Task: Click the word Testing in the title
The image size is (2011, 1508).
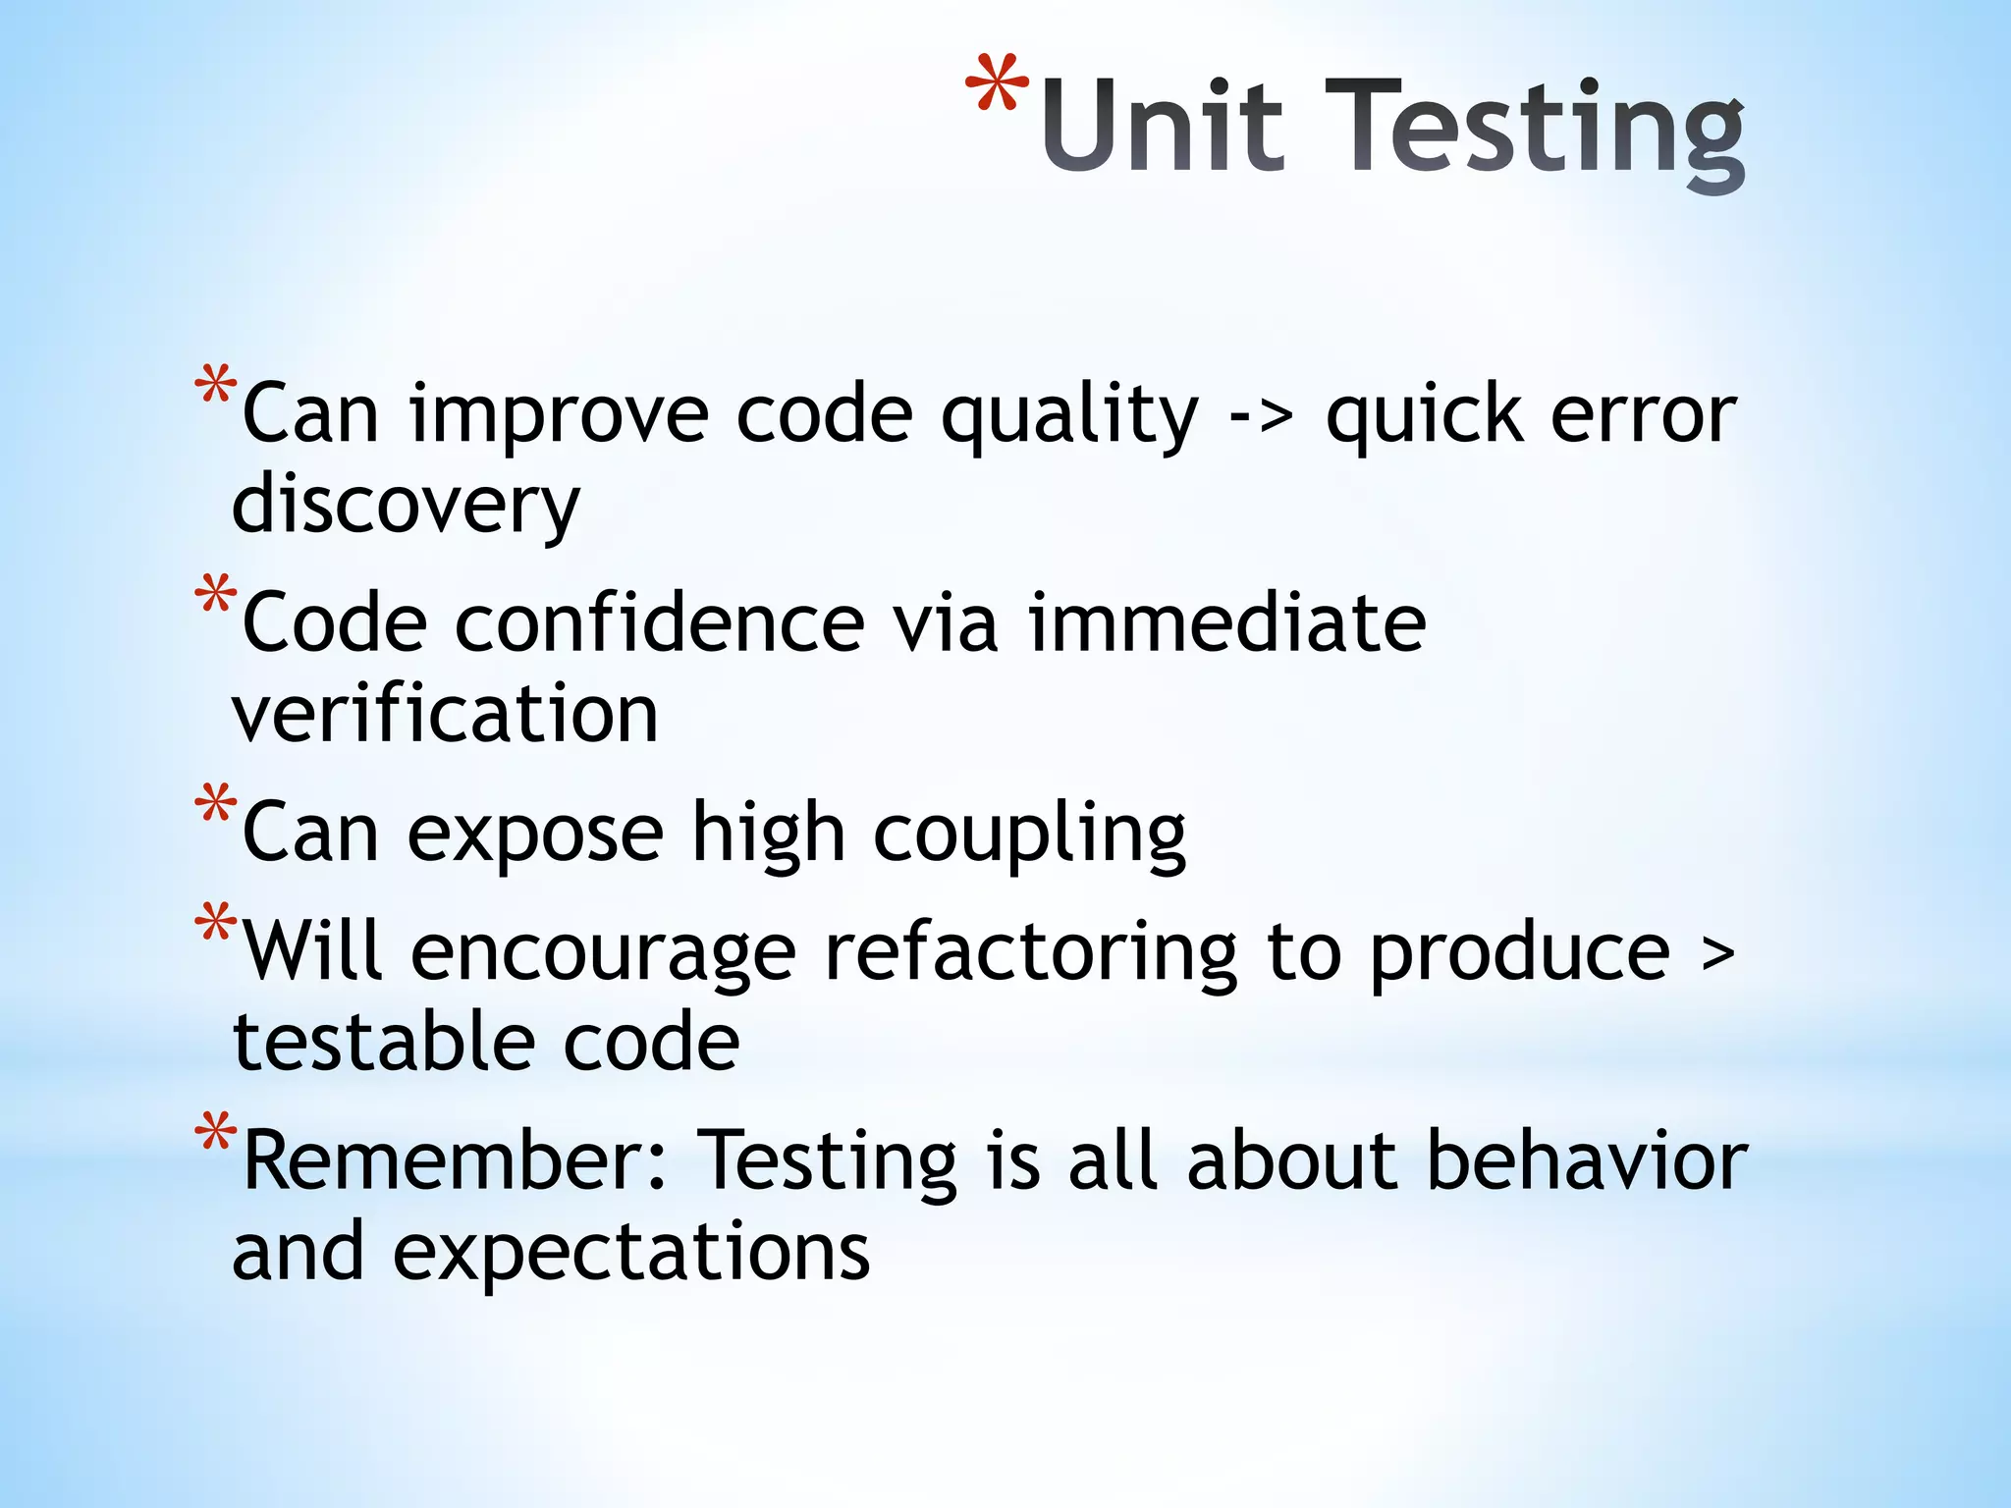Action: [x=1534, y=133]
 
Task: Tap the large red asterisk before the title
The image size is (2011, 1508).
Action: [x=997, y=85]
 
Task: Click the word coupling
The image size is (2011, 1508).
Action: [x=1029, y=835]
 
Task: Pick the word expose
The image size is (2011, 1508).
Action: [x=535, y=834]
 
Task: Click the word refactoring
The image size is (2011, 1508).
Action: [x=1031, y=954]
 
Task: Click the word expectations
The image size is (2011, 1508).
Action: [x=631, y=1256]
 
